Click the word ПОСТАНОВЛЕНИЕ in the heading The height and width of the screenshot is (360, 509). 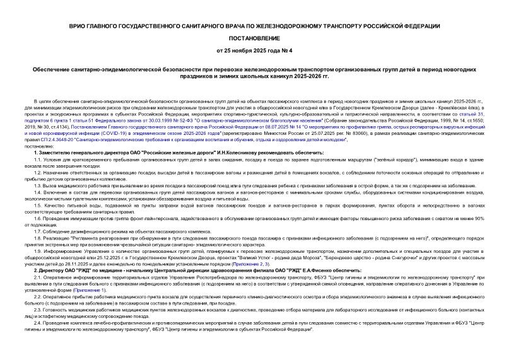pyautogui.click(x=254, y=37)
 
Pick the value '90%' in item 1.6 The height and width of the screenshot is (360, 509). pyautogui.click(x=478, y=218)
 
